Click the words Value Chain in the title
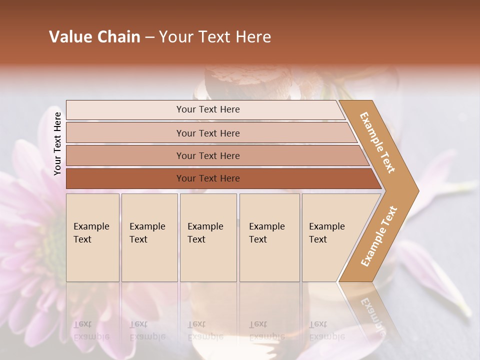coord(94,37)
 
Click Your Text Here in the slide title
coord(215,37)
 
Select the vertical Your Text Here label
coord(57,143)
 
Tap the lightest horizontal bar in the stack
coord(207,109)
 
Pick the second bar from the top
coord(207,133)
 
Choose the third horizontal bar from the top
coord(207,155)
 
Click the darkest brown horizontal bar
coord(207,178)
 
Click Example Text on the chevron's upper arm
coord(377,142)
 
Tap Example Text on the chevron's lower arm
coord(378,236)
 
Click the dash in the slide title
coord(149,37)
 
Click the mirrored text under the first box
coord(91,330)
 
